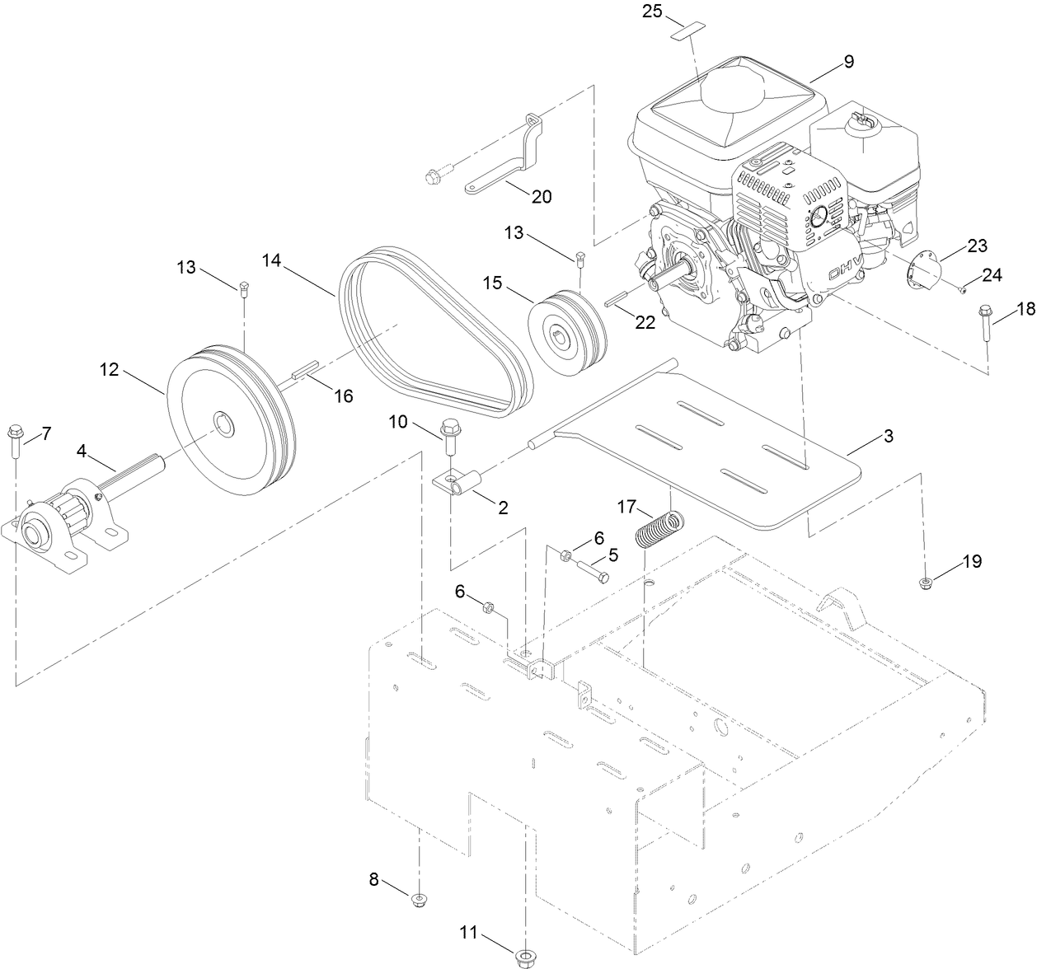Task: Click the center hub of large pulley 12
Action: tap(223, 424)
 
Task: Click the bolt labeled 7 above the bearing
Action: tap(15, 441)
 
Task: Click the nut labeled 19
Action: tap(925, 584)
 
